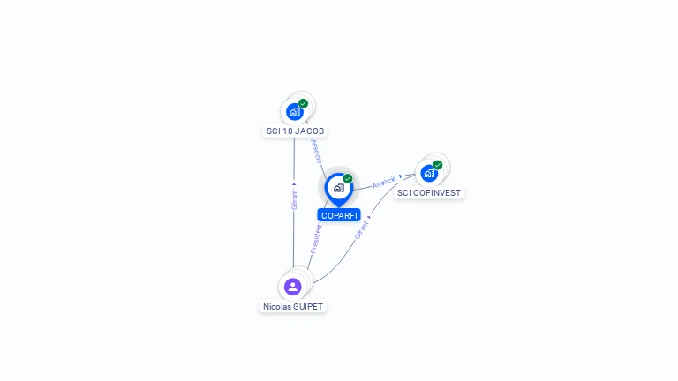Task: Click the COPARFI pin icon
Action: pos(338,188)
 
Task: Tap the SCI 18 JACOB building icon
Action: pos(294,112)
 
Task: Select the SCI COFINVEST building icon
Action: pos(429,173)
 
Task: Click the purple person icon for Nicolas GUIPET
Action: pos(293,286)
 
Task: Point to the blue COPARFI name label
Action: pos(339,215)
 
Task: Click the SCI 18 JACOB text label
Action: pos(295,131)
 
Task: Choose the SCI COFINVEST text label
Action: pos(429,192)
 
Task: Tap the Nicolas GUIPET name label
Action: pos(293,307)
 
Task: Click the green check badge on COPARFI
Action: pos(348,178)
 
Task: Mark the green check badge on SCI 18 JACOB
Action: pos(304,103)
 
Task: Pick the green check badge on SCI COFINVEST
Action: pos(438,165)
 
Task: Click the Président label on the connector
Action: pos(316,239)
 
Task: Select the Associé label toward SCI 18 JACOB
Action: pos(317,151)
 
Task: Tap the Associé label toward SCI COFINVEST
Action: pos(384,183)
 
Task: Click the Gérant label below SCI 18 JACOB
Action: pos(294,199)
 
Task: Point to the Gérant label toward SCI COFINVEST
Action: pos(361,228)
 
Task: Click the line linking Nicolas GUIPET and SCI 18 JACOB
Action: pos(294,238)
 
